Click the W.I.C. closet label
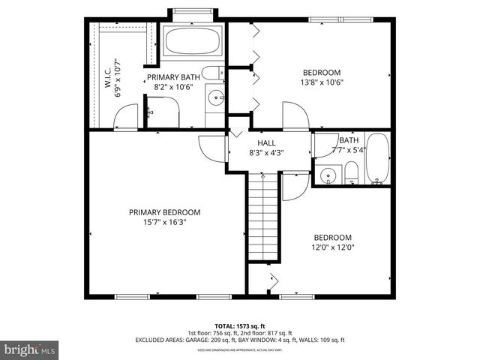tap(107, 76)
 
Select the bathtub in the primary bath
tap(193, 41)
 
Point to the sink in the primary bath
tap(214, 97)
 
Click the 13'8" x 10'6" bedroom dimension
tap(321, 82)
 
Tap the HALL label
tap(266, 142)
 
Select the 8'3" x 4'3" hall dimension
tap(266, 152)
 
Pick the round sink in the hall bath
tap(327, 176)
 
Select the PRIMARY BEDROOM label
tap(164, 212)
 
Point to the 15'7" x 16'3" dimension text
tap(164, 222)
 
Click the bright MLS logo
tap(30, 349)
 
